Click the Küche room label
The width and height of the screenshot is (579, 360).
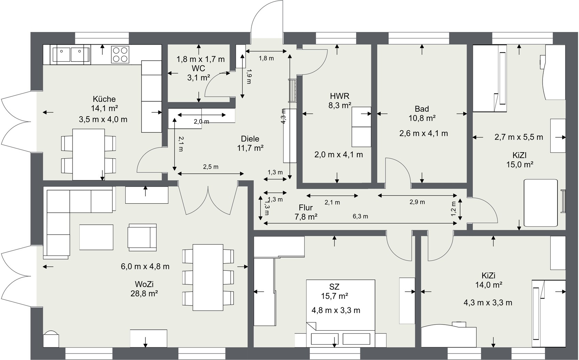tap(104, 99)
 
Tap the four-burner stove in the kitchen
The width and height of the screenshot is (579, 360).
tap(120, 54)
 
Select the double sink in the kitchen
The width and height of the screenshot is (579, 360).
tap(71, 54)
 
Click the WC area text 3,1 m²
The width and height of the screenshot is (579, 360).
tap(199, 78)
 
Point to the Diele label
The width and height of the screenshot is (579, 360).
tap(250, 139)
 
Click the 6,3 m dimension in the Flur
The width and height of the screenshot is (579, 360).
tap(360, 217)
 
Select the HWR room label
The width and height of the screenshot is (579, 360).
tap(339, 96)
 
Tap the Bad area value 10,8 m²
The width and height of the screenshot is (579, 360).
tap(422, 118)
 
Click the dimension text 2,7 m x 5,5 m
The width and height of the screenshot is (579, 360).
tap(519, 137)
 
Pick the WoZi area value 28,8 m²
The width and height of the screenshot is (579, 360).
tap(144, 294)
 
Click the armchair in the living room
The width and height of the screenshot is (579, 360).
tap(142, 237)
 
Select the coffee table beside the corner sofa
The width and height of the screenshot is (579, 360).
tap(96, 237)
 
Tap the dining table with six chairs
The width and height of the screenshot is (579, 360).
tap(208, 277)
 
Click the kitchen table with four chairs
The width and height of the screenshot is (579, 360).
tap(89, 154)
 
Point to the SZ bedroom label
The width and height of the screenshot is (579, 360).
tap(334, 287)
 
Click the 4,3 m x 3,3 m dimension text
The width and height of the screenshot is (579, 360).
tap(488, 303)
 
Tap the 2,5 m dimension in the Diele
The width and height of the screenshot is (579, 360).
tap(211, 167)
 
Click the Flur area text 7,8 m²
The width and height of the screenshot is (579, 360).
tap(306, 217)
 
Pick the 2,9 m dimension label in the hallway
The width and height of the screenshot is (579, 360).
tap(417, 202)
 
